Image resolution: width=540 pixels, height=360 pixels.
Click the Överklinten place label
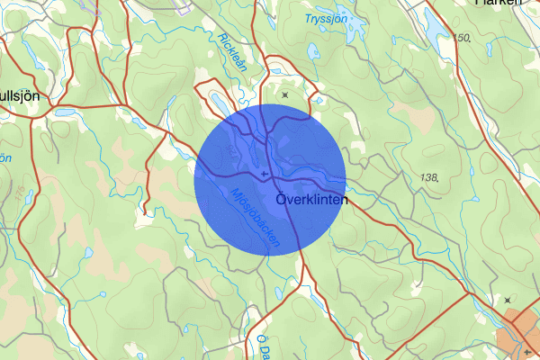tap(309, 199)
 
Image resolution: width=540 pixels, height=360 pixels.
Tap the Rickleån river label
tap(231, 50)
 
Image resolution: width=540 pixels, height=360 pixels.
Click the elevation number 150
tap(463, 38)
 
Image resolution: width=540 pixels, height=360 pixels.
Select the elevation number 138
tap(428, 178)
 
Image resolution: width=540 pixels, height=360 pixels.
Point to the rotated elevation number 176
tap(17, 193)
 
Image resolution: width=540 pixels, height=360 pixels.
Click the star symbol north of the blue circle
tap(285, 94)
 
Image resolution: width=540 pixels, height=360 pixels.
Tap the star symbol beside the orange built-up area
tap(508, 300)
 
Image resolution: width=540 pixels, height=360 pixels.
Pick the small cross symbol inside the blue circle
tap(263, 174)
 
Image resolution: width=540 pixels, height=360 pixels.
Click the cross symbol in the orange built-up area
tap(529, 352)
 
